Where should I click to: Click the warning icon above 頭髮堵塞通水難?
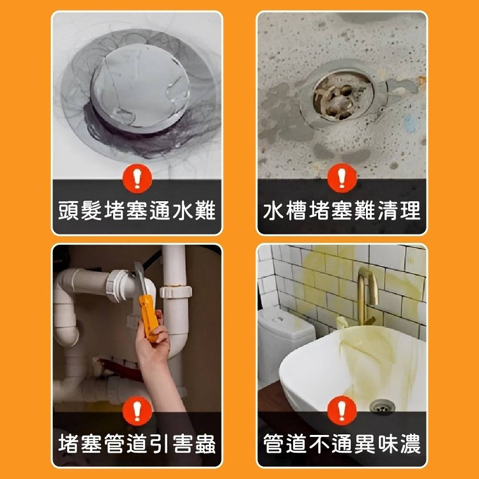coord(137,179)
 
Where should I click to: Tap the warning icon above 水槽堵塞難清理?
coord(342,178)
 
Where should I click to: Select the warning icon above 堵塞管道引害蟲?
coord(137,411)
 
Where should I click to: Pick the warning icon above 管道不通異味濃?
coord(342,411)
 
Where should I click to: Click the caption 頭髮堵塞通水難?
coord(137,211)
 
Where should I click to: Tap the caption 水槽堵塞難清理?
coord(342,211)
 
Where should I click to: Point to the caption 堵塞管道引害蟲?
coord(137,443)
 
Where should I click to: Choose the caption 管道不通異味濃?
coord(342,443)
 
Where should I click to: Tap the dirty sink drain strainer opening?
coord(339,96)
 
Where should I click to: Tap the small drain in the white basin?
coord(382,406)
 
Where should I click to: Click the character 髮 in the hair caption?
coord(91,211)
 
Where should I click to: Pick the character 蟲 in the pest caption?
coord(205,443)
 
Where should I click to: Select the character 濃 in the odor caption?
coord(410,443)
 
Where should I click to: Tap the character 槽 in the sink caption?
coord(296,211)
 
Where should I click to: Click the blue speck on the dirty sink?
coord(410,124)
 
